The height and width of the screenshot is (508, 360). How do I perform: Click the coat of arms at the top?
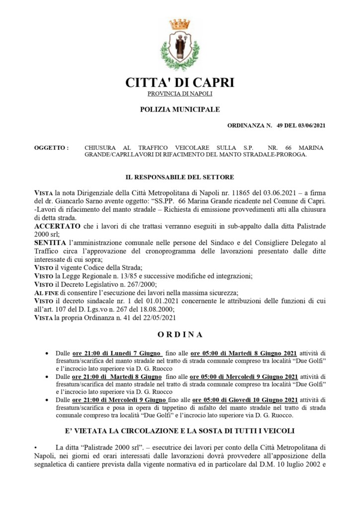(x=180, y=47)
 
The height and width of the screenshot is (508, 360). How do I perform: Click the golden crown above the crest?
(x=180, y=23)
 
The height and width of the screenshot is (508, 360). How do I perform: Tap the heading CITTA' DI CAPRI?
(x=180, y=82)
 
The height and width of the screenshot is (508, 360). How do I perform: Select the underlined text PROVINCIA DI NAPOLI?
(x=180, y=94)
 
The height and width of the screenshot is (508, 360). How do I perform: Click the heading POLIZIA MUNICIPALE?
(x=180, y=109)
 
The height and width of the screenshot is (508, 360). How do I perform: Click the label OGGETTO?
(x=51, y=148)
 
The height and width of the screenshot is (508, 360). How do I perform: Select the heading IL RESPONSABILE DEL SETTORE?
(x=180, y=177)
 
